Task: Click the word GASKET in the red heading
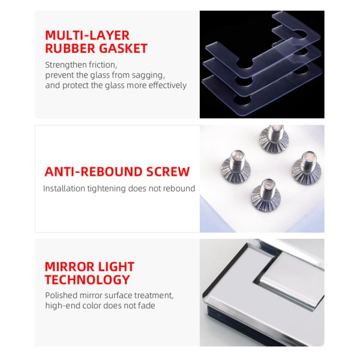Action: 123,49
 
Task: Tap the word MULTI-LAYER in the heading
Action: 87,35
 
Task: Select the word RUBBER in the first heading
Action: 70,49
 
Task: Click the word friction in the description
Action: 103,65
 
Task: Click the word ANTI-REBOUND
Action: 93,172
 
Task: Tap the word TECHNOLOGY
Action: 88,280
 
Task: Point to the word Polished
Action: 61,295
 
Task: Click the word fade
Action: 146,305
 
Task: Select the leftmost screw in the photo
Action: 236,166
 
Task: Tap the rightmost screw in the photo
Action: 307,168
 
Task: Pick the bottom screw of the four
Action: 266,195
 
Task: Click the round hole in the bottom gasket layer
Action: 242,101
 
